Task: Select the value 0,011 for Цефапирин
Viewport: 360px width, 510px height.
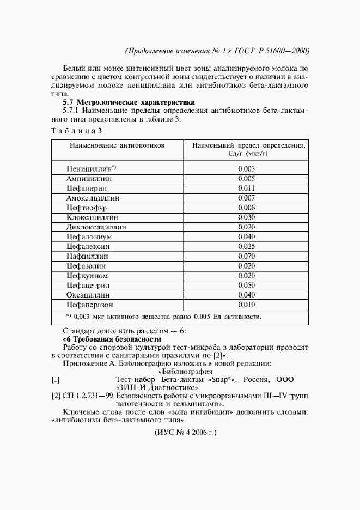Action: click(246, 189)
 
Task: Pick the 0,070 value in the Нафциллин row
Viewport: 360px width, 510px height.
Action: click(246, 256)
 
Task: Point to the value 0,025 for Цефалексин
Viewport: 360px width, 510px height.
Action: click(246, 246)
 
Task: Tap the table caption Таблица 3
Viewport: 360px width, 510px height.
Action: click(76, 131)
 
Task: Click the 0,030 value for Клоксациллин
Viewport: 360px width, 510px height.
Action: click(246, 217)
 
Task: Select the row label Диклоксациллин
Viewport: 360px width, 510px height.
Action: click(96, 227)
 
